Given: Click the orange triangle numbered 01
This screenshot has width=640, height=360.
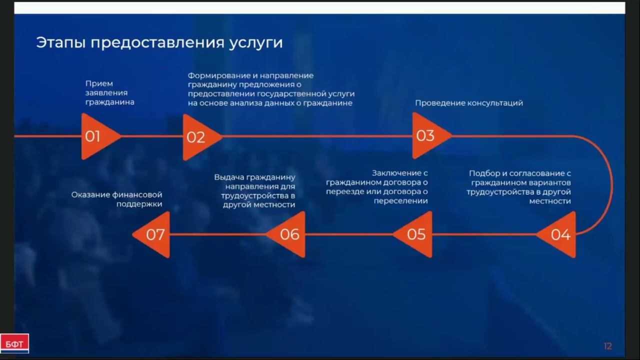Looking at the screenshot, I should click(x=97, y=136).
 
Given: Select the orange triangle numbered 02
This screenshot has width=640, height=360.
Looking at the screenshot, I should click(x=198, y=136).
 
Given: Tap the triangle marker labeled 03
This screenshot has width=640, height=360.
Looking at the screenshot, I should click(x=428, y=135).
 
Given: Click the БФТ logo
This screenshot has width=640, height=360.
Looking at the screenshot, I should click(x=14, y=343).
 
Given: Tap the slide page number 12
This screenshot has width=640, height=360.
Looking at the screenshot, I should click(x=607, y=346).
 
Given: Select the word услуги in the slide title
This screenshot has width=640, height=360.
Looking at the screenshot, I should click(x=256, y=43).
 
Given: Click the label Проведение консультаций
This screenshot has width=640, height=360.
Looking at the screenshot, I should click(x=469, y=103).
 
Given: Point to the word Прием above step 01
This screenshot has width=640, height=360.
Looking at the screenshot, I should click(x=99, y=83).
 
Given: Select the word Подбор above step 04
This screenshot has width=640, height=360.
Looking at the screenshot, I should click(x=484, y=173).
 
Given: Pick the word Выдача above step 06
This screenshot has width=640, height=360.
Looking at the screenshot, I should click(x=228, y=177).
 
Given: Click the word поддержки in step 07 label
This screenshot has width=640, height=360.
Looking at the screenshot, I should click(x=139, y=204).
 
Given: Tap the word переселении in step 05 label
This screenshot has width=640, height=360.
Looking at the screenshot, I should click(x=401, y=201).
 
